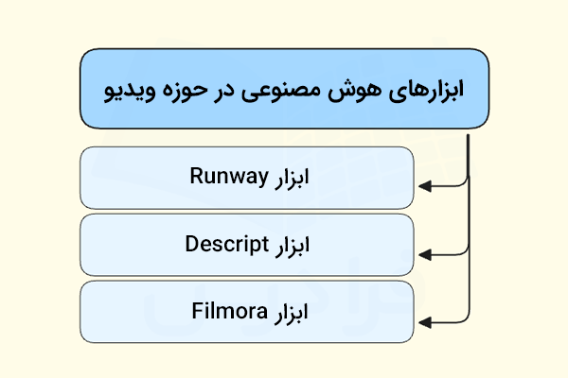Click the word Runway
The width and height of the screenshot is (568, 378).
229,176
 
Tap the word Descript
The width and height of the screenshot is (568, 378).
227,244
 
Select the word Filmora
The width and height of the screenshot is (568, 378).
229,311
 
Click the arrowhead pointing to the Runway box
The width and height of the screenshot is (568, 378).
424,187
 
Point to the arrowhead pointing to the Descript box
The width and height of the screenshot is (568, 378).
424,255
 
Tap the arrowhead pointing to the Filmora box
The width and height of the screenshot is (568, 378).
424,322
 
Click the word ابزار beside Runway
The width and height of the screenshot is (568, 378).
292,179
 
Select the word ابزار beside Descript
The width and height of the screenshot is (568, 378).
293,246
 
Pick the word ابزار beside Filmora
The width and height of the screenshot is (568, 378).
291,313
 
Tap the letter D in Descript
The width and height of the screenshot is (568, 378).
192,244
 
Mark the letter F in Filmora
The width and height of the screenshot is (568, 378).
197,311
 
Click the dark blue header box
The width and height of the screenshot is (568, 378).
284,89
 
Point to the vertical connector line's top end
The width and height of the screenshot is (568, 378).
469,135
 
